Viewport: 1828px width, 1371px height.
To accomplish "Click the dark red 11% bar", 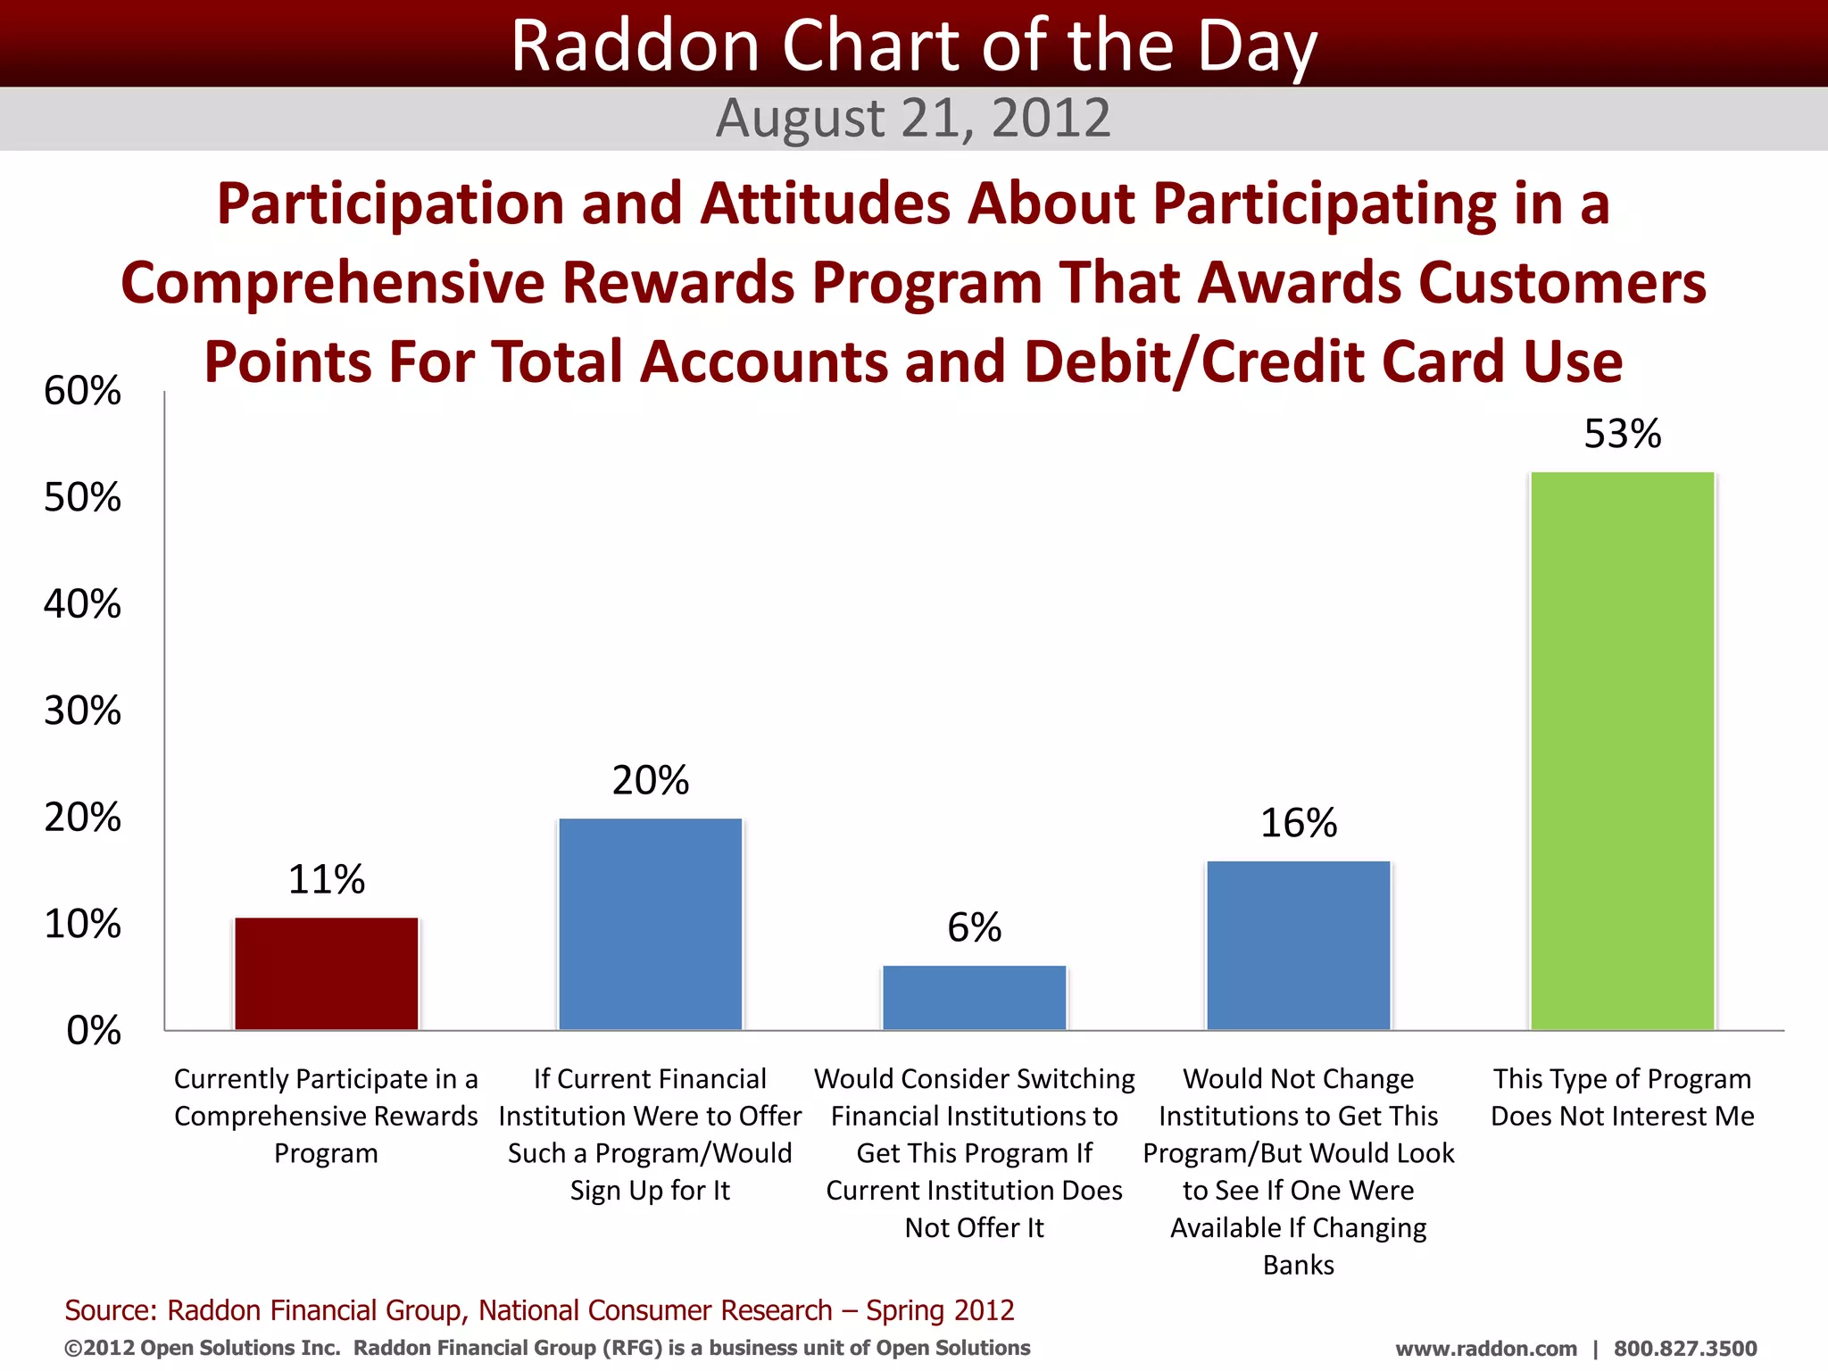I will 327,974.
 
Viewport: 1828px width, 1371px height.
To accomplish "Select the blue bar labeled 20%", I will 651,924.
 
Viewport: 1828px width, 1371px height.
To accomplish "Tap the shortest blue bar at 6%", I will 975,998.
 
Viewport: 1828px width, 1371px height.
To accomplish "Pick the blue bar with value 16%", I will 1299,945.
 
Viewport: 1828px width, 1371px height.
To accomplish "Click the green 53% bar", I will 1623,751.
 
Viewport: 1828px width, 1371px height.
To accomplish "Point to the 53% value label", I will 1623,435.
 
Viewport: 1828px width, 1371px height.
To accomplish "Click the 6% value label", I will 975,928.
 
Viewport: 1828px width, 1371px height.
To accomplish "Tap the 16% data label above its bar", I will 1299,823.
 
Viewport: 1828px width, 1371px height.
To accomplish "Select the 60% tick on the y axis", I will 82,391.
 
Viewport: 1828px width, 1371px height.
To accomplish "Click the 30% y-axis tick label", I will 82,711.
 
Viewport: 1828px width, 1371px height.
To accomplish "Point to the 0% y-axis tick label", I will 94,1031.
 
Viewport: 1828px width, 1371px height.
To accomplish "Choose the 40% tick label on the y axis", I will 82,604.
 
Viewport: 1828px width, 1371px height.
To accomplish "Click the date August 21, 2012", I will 913,118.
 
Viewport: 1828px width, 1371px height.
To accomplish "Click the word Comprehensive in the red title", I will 332,283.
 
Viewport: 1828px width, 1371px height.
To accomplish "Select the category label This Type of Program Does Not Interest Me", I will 1623,1098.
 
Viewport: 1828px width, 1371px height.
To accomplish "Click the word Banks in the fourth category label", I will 1299,1266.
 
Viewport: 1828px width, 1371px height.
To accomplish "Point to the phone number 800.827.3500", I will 1685,1349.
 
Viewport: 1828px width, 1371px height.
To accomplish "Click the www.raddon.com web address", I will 1486,1349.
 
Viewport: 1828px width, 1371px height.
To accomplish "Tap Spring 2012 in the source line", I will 940,1310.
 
